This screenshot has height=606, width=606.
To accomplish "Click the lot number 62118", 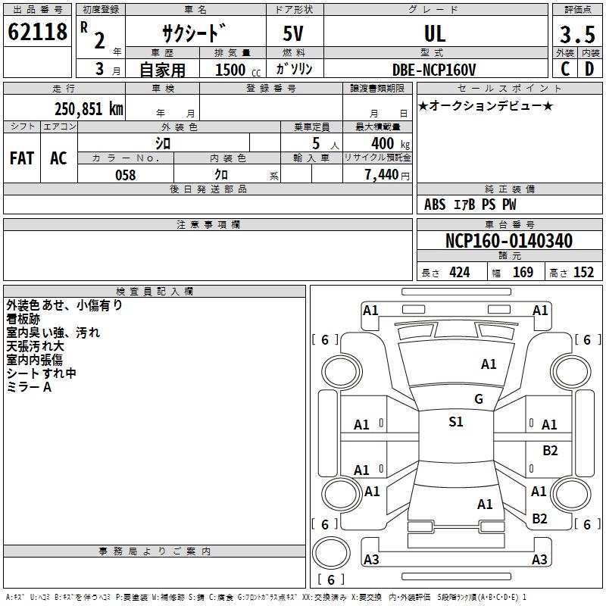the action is point(38,32).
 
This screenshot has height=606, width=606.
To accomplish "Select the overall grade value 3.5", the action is point(576,35).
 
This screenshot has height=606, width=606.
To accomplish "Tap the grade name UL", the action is point(435,33).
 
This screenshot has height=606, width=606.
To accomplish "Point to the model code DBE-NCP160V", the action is point(435,69).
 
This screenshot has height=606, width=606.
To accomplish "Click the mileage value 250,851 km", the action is point(89,108).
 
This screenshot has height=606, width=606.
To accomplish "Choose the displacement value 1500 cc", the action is point(234,70).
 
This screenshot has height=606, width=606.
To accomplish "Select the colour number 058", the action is point(125,175).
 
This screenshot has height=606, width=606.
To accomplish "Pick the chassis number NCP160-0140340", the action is point(509,242).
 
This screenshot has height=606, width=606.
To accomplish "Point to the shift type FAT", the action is point(22,158).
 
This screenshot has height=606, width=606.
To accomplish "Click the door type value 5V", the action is point(295,33).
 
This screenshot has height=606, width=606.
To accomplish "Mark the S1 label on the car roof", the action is point(456,422).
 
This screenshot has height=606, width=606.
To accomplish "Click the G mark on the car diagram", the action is point(479,399).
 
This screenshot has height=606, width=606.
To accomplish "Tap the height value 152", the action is point(583,273).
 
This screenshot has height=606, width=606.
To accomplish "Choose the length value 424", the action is point(459,273).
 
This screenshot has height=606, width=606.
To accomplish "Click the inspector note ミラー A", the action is point(29,387).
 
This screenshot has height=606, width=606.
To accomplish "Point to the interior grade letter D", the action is point(589,69).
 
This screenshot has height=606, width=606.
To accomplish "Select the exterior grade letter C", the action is point(565,69).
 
